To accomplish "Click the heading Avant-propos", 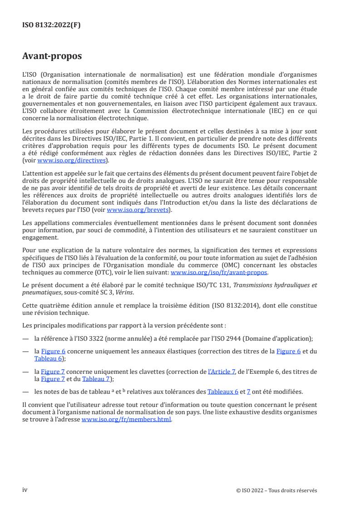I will click(52, 57).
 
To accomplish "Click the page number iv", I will click(25, 490).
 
